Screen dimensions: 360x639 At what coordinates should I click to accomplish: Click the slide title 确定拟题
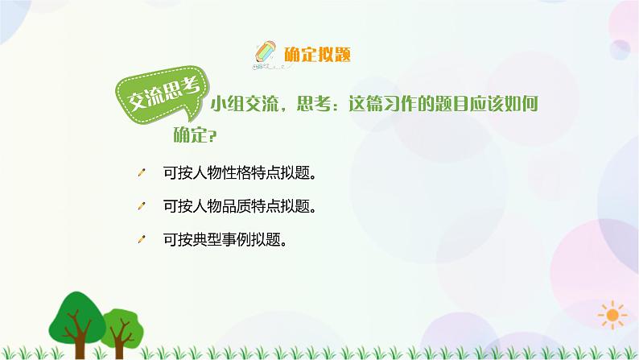point(318,55)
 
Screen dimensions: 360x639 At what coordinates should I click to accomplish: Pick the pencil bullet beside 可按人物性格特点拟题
point(143,172)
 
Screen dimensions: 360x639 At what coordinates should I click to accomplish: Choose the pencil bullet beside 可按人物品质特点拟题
point(143,205)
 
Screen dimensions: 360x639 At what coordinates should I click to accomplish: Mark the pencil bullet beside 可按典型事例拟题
point(143,238)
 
